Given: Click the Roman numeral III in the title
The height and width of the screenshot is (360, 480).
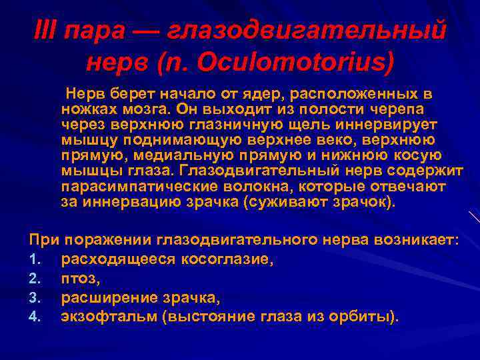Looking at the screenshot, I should (45, 31).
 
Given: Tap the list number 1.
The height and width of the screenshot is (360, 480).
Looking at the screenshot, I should (34, 260).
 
